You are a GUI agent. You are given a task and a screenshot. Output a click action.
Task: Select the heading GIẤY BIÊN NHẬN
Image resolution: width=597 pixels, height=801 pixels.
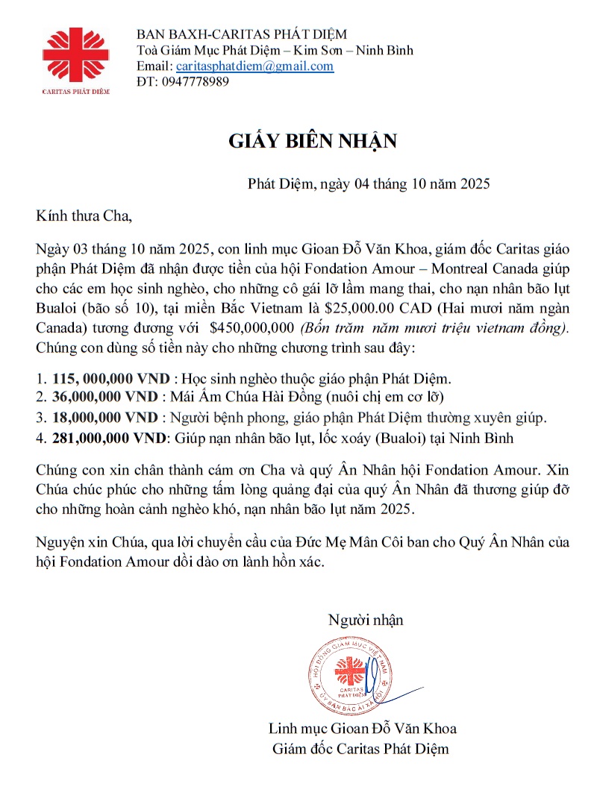313,142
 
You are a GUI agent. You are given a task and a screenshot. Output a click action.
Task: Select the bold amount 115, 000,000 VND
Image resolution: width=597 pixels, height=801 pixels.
111,379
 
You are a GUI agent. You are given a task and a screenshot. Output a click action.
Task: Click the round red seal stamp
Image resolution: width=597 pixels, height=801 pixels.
350,673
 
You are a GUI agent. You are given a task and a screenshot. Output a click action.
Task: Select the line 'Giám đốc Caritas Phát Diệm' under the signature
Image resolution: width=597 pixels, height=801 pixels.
361,748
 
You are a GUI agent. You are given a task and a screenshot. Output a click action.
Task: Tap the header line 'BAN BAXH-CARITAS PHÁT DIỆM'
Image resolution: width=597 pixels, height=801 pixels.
242,34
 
